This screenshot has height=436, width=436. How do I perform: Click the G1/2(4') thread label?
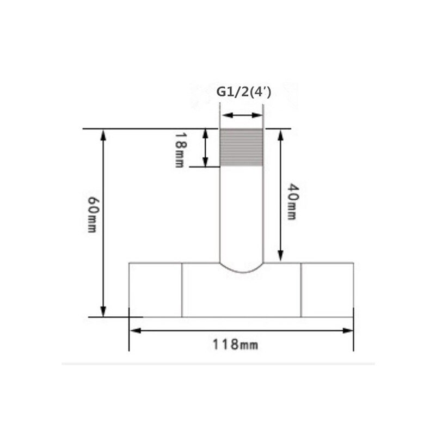(244, 92)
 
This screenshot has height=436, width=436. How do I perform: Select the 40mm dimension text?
(292, 202)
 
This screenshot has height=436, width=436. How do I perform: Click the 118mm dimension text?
(235, 345)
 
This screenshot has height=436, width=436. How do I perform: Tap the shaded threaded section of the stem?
(241, 147)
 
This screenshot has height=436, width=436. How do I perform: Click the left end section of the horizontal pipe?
(155, 290)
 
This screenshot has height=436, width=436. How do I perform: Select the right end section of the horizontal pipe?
(327, 290)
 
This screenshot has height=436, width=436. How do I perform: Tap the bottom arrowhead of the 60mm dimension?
(103, 311)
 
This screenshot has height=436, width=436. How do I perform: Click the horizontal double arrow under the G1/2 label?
(241, 115)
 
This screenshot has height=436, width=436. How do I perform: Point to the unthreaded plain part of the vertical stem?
(241, 212)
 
